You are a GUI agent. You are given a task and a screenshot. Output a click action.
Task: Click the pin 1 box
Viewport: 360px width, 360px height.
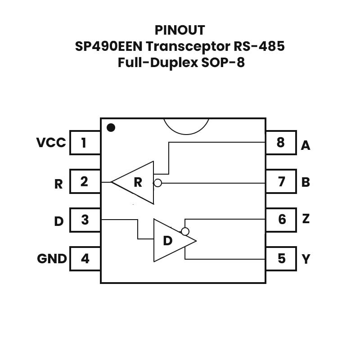(85, 143)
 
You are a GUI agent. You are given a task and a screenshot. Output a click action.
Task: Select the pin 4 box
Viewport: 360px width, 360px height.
(85, 259)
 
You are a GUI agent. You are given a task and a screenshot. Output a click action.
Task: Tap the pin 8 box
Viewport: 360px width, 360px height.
(281, 143)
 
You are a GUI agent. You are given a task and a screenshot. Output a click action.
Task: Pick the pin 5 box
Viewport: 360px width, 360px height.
(281, 259)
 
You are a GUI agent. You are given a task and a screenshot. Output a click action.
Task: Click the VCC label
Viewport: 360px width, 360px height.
(51, 143)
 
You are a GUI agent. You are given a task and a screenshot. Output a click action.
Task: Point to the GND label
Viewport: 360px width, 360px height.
(52, 259)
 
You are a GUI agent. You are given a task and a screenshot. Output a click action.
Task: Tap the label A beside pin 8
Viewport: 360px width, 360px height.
(306, 145)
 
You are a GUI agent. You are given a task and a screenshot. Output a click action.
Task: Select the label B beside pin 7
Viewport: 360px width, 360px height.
(306, 182)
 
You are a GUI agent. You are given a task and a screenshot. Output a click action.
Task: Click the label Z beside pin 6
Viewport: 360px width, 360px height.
(306, 219)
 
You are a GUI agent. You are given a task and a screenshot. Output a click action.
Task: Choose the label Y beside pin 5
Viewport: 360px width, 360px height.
(306, 259)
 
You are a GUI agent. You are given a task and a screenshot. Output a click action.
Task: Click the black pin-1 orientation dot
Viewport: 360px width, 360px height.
(111, 128)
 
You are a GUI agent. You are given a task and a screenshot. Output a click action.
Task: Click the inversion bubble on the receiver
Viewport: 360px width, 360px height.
(157, 183)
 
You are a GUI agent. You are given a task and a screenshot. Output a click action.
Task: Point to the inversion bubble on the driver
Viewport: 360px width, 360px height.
(184, 231)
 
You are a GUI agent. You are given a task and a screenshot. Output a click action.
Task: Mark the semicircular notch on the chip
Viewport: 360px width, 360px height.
(186, 125)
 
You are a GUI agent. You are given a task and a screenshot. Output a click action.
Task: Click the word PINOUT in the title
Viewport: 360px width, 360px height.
(180, 30)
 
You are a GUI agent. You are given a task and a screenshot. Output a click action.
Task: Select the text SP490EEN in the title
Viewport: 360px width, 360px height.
(108, 46)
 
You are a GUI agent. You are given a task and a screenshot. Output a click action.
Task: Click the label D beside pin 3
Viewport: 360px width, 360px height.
(58, 221)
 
